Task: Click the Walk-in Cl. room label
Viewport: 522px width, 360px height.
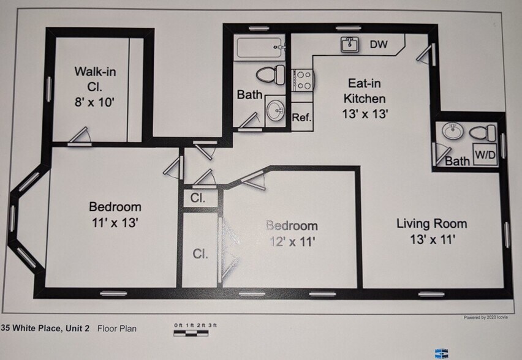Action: (x=96, y=86)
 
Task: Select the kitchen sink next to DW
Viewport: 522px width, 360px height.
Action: (x=350, y=45)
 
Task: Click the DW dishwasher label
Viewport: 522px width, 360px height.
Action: (x=378, y=45)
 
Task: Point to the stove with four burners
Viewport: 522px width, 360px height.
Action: (x=303, y=80)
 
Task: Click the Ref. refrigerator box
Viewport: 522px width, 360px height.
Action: (x=302, y=118)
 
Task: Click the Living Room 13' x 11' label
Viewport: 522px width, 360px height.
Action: (x=431, y=231)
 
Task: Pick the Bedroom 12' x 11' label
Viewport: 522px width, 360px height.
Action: (x=292, y=233)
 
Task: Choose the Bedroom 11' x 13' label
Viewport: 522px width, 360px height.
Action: (x=115, y=215)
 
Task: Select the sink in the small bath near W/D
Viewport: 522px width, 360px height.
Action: (x=452, y=130)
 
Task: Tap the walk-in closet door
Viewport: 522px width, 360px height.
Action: (x=78, y=138)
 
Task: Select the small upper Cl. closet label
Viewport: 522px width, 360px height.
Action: (x=197, y=198)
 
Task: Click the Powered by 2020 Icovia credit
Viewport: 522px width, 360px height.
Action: (x=485, y=318)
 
